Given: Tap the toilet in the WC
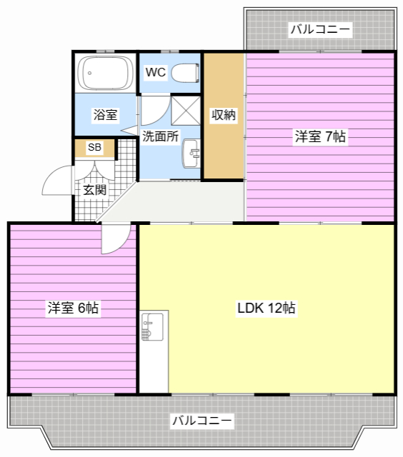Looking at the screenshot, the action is click(185, 73).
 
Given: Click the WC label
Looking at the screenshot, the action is click(156, 72).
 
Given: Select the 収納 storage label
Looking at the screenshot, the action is click(224, 115).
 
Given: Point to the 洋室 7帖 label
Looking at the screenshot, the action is click(320, 136).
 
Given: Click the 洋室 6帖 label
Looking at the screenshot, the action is click(73, 308).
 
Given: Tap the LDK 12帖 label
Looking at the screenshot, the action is click(267, 308).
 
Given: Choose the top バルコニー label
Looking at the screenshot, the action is click(320, 29).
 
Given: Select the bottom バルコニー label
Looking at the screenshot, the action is click(201, 421).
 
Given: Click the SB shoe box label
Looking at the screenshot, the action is click(94, 148).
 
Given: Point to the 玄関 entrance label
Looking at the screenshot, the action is click(94, 190).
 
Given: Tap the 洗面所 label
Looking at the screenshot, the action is click(160, 136).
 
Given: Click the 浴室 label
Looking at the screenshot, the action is click(105, 114).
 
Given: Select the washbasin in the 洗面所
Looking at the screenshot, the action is click(191, 154).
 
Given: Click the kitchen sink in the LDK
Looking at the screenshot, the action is click(152, 327).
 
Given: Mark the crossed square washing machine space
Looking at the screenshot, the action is click(186, 111).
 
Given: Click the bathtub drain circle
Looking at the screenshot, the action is click(89, 73).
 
